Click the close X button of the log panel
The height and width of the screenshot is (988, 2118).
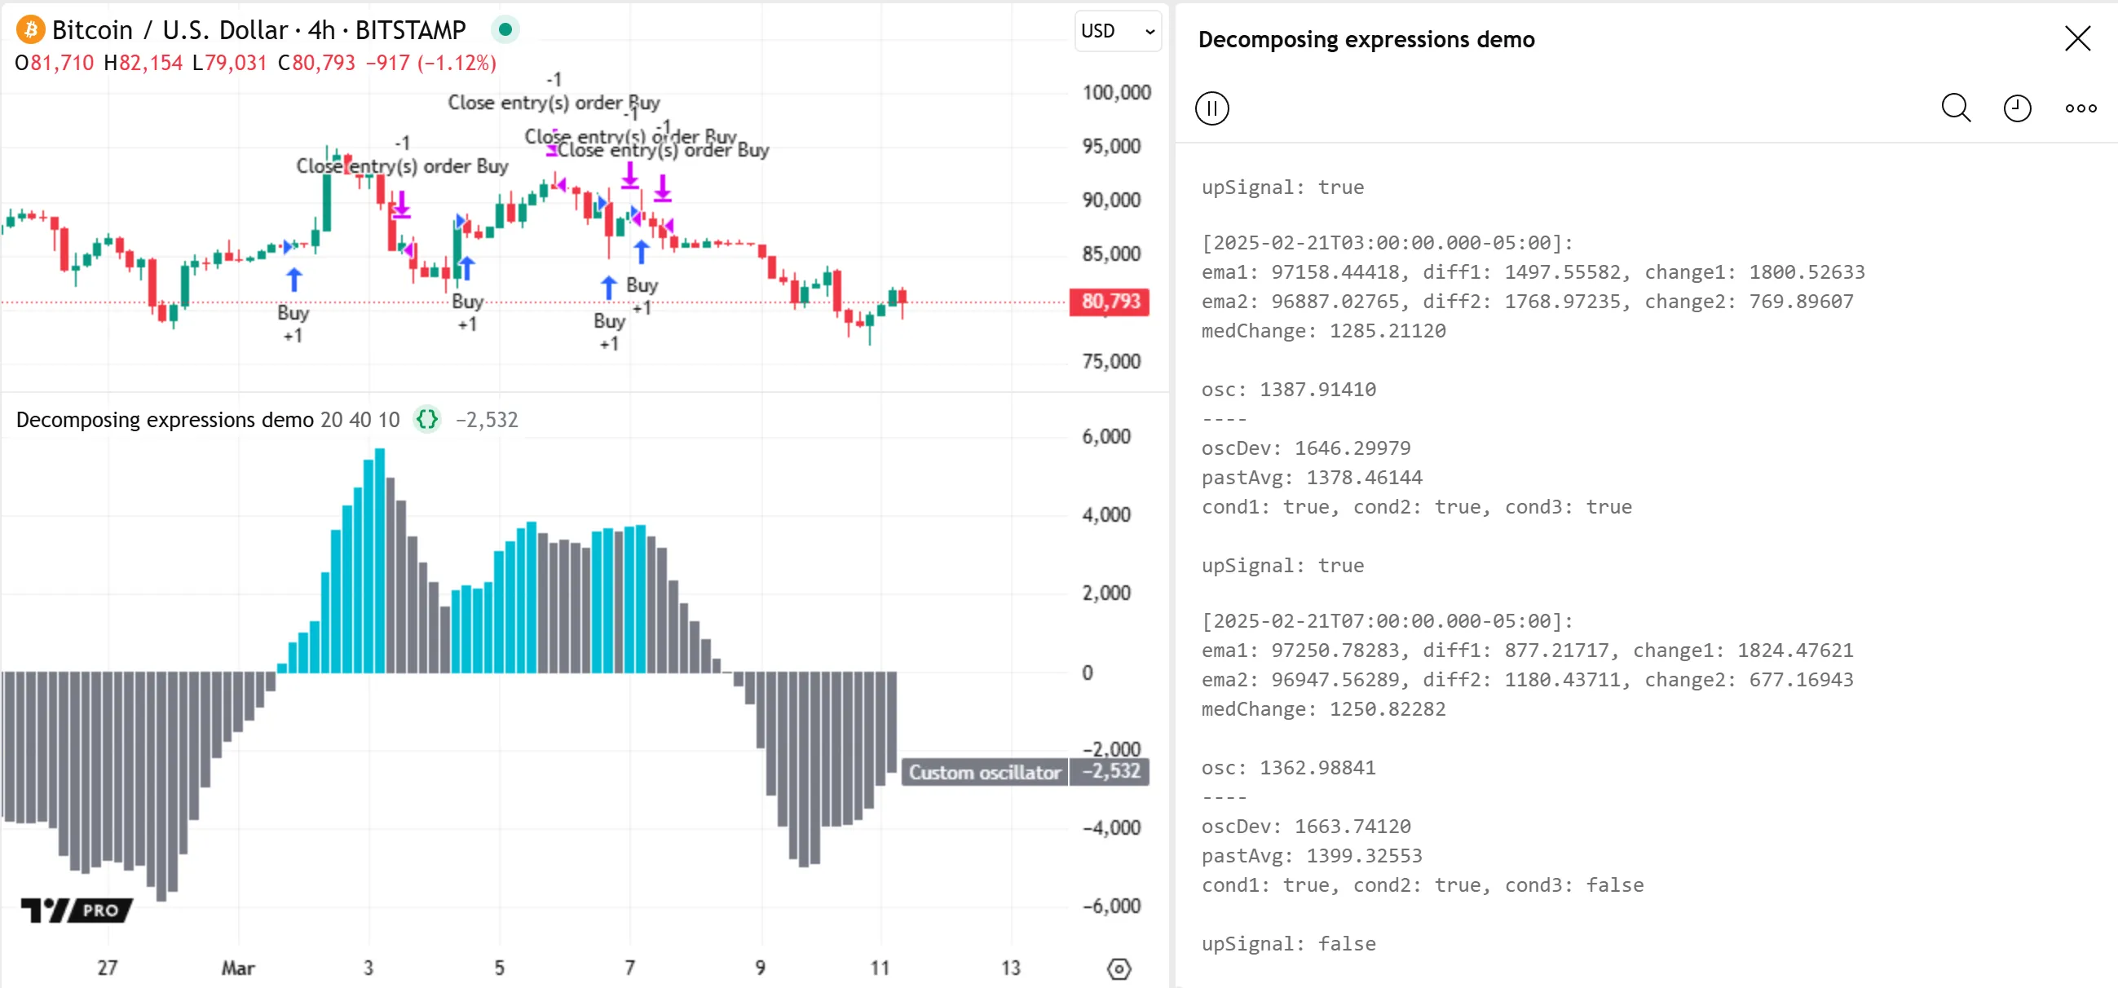point(2077,38)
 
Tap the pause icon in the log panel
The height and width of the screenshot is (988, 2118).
point(1212,108)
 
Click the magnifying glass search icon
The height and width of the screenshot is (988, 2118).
point(1955,108)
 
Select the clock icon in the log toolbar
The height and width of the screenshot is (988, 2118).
point(2017,108)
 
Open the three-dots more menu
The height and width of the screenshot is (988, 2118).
point(2080,108)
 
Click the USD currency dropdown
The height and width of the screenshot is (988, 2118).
point(1118,31)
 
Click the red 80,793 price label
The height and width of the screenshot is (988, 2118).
point(1110,302)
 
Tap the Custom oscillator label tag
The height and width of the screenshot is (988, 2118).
point(984,773)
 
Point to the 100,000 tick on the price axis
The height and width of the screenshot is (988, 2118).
point(1116,92)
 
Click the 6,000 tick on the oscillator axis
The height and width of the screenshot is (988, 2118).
point(1105,436)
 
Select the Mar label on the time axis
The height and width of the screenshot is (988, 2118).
point(237,968)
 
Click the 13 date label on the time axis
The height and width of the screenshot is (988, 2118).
point(1010,968)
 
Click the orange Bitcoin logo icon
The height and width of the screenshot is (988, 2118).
point(30,30)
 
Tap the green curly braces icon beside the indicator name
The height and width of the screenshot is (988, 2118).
point(426,420)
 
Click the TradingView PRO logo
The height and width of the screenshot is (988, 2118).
point(76,910)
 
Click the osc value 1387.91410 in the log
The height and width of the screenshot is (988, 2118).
point(1317,390)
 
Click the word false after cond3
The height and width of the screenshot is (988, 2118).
point(1614,885)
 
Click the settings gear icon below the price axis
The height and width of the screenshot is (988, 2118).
point(1119,969)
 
